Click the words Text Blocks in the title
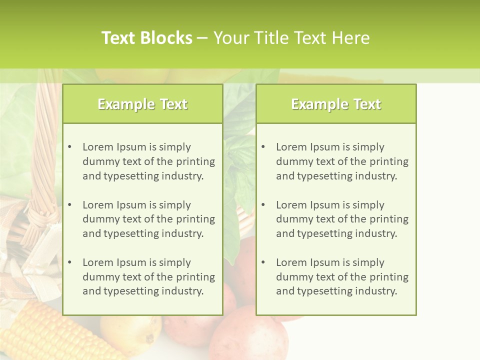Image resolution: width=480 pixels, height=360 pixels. (x=146, y=38)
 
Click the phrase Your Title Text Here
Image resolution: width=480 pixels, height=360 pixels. (x=291, y=38)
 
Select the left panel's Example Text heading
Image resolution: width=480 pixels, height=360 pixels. (x=142, y=104)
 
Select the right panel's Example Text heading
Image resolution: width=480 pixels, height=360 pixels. (x=336, y=104)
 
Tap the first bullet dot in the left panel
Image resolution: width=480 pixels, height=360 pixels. (x=69, y=147)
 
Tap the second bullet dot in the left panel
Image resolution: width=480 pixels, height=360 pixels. (x=69, y=205)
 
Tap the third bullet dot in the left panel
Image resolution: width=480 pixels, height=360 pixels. (x=69, y=262)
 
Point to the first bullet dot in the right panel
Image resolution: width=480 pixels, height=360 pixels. (x=263, y=147)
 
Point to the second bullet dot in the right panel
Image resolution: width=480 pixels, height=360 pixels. (x=263, y=205)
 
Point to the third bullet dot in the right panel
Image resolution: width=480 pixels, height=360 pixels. (x=263, y=262)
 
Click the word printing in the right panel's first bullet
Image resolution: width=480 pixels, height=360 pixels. (x=389, y=161)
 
